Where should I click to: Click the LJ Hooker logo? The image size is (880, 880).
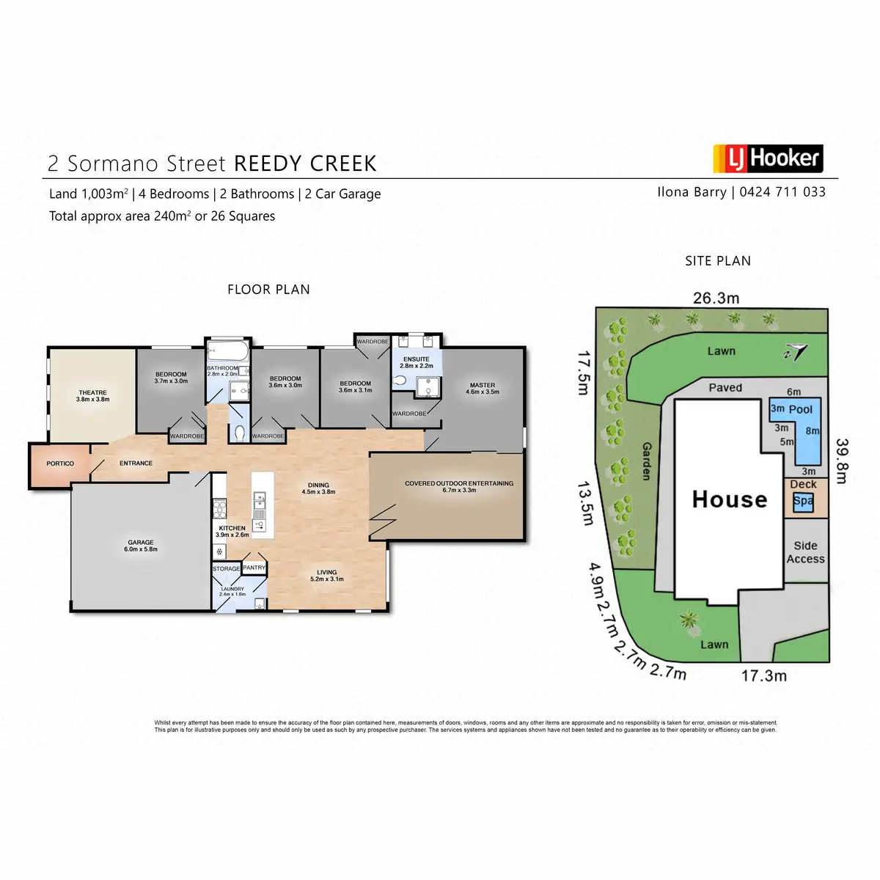(768, 158)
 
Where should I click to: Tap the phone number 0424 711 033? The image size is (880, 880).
(782, 192)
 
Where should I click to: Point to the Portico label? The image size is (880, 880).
(60, 463)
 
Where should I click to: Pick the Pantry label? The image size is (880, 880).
(254, 568)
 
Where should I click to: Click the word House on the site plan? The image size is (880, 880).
(730, 499)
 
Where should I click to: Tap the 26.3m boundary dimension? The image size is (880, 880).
(716, 298)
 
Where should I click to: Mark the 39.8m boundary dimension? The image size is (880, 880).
(842, 461)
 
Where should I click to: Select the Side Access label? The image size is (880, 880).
(805, 552)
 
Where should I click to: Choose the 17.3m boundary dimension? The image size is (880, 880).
(763, 675)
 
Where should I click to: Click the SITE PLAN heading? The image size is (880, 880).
(718, 260)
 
